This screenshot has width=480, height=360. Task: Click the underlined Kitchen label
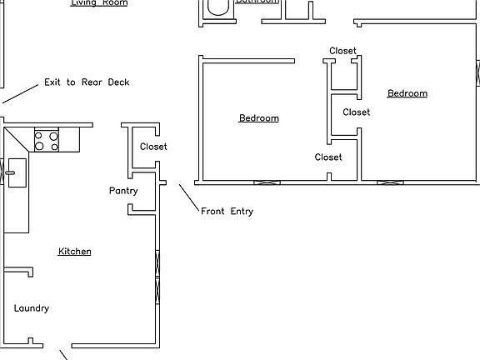[x=74, y=252]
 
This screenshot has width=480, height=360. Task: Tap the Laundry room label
[x=32, y=308]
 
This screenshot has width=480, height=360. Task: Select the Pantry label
[x=123, y=191]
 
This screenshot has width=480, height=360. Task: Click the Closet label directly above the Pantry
[x=153, y=147]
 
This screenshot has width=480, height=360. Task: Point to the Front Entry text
[x=227, y=212]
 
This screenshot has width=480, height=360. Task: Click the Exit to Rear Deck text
[x=87, y=82]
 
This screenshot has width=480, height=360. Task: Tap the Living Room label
[x=98, y=3]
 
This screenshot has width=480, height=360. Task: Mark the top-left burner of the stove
[x=40, y=135]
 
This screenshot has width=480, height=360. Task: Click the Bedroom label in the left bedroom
[x=258, y=118]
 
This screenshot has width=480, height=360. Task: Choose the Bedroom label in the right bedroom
[x=407, y=93]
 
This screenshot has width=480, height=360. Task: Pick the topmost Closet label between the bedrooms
[x=342, y=51]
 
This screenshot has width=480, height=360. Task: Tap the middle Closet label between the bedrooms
[x=357, y=112]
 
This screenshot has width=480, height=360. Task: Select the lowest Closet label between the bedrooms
[x=328, y=157]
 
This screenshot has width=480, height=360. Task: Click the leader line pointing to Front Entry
[x=188, y=197]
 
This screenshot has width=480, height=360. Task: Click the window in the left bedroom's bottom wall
[x=267, y=182]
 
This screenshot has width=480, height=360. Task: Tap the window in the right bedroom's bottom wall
[x=390, y=182]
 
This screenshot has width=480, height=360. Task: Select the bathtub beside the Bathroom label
[x=217, y=7]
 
